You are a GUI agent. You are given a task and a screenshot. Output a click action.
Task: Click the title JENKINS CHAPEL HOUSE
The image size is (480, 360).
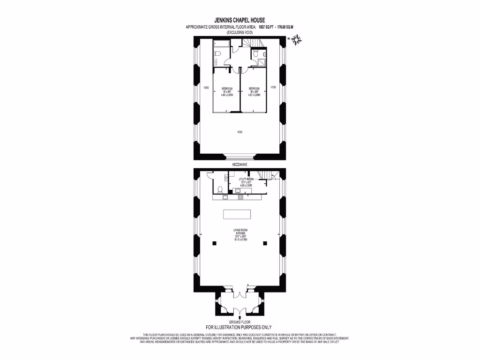click(240, 20)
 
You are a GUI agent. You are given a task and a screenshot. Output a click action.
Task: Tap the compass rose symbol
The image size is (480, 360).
click(296, 41)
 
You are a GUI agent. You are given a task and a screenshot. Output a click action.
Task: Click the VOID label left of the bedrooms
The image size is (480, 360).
click(206, 87)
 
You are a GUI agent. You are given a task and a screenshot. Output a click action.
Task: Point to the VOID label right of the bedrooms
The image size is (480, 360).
click(273, 87)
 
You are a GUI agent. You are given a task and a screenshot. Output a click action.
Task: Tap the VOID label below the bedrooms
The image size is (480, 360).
click(240, 132)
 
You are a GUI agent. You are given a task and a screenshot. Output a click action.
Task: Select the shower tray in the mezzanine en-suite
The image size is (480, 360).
click(261, 61)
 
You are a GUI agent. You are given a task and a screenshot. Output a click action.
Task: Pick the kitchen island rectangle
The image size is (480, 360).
click(237, 215)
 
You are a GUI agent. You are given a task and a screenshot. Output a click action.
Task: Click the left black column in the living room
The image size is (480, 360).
click(214, 243)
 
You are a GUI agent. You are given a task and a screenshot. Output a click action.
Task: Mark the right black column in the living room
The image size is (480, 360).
click(265, 243)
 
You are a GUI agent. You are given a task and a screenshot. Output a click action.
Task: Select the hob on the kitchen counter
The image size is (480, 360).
click(240, 197)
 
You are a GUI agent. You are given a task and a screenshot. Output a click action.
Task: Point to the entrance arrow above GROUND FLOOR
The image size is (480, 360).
click(240, 318)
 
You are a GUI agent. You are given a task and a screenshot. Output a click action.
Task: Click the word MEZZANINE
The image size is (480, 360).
click(240, 165)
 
